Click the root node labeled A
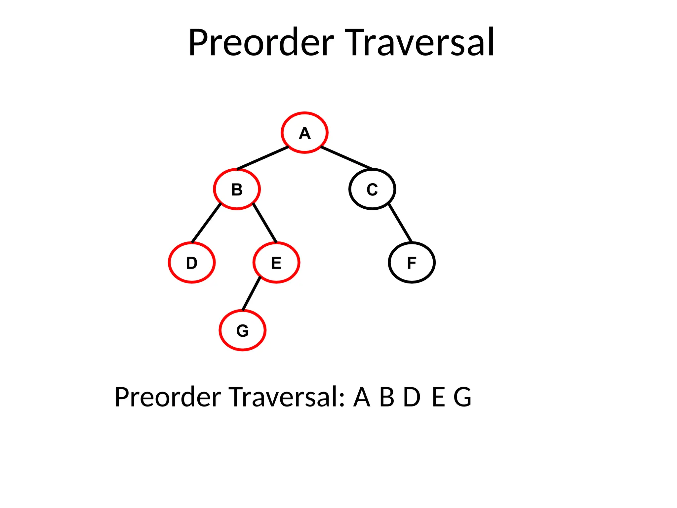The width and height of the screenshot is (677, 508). click(x=304, y=133)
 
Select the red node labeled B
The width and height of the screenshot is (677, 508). click(x=237, y=189)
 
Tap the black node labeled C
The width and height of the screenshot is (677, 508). click(x=372, y=189)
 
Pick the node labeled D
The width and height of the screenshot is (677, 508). click(x=192, y=263)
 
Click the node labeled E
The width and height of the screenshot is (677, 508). click(x=276, y=263)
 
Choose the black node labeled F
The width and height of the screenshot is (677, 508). click(x=412, y=263)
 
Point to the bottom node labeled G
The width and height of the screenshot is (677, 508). click(x=243, y=330)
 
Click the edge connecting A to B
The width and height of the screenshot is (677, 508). click(x=263, y=158)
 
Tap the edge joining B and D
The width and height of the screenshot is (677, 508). click(x=206, y=223)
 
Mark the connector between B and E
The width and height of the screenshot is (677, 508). click(x=265, y=223)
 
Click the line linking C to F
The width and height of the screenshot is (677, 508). click(x=400, y=223)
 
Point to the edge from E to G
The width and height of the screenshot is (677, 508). click(x=251, y=294)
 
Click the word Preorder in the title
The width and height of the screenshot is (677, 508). click(x=261, y=43)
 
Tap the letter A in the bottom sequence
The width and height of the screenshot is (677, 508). click(x=362, y=397)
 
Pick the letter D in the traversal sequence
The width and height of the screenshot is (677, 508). click(x=412, y=397)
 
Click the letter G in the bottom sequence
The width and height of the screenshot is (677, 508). click(x=462, y=397)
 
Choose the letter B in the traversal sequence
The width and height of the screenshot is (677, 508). click(x=387, y=397)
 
